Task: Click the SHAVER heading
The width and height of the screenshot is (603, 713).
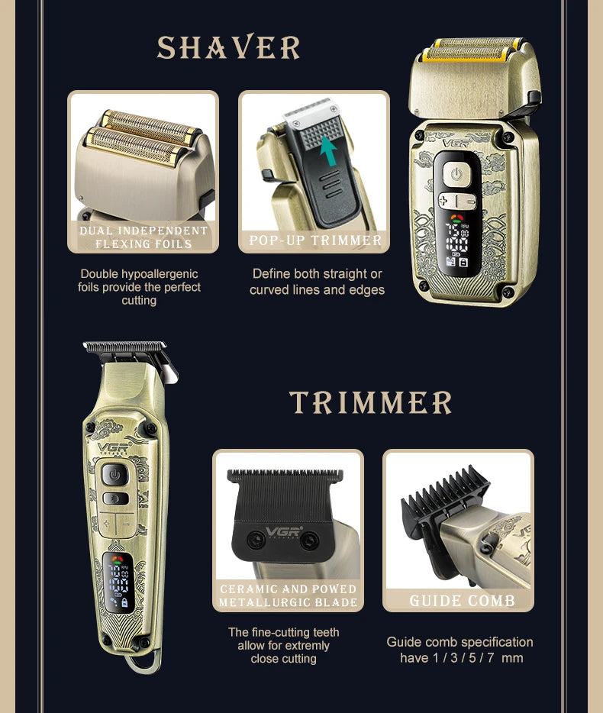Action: (x=228, y=47)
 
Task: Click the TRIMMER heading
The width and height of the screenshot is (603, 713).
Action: (x=371, y=402)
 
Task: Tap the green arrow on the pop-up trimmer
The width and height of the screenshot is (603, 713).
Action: (x=328, y=151)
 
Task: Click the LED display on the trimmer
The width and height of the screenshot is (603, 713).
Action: (x=118, y=583)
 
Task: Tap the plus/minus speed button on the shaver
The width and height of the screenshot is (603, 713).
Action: (x=457, y=201)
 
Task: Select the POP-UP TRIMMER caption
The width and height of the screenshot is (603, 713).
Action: (x=315, y=240)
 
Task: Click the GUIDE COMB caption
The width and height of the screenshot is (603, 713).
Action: (x=462, y=600)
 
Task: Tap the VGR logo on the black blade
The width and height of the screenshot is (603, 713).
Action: (x=284, y=531)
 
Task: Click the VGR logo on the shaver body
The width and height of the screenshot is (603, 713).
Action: (x=456, y=143)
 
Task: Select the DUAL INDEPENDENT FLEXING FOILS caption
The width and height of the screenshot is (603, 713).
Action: (x=143, y=237)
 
